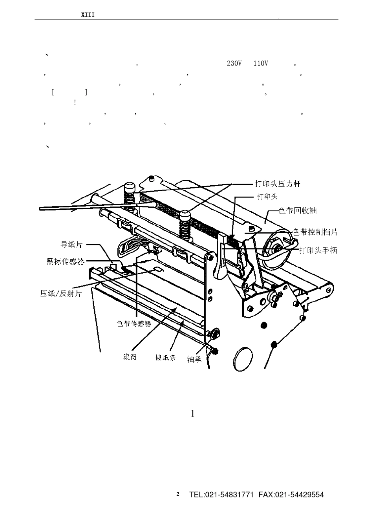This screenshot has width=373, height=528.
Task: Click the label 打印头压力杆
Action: pyautogui.click(x=278, y=184)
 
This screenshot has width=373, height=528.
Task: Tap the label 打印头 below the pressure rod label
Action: pyautogui.click(x=267, y=197)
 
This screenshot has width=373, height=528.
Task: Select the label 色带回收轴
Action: pyautogui.click(x=298, y=210)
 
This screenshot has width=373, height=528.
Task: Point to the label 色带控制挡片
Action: pyautogui.click(x=315, y=232)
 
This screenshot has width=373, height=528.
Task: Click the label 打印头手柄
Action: pyautogui.click(x=318, y=250)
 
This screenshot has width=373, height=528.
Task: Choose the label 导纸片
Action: pyautogui.click(x=72, y=245)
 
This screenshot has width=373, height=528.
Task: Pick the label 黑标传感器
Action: pyautogui.click(x=65, y=261)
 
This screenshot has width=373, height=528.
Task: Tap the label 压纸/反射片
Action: pyautogui.click(x=61, y=294)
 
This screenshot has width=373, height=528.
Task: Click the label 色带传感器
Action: pyautogui.click(x=134, y=323)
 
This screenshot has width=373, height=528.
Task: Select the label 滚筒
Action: pyautogui.click(x=130, y=356)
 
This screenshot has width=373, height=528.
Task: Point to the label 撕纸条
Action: pyautogui.click(x=166, y=358)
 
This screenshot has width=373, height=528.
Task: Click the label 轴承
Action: pyautogui.click(x=194, y=359)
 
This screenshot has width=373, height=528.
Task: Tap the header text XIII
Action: pyautogui.click(x=88, y=15)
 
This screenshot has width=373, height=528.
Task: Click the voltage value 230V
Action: pyautogui.click(x=234, y=64)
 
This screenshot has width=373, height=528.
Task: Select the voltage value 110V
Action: pyautogui.click(x=261, y=64)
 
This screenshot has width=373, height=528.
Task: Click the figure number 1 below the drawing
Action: pyautogui.click(x=193, y=414)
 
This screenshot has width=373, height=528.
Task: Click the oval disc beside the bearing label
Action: pyautogui.click(x=243, y=359)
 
